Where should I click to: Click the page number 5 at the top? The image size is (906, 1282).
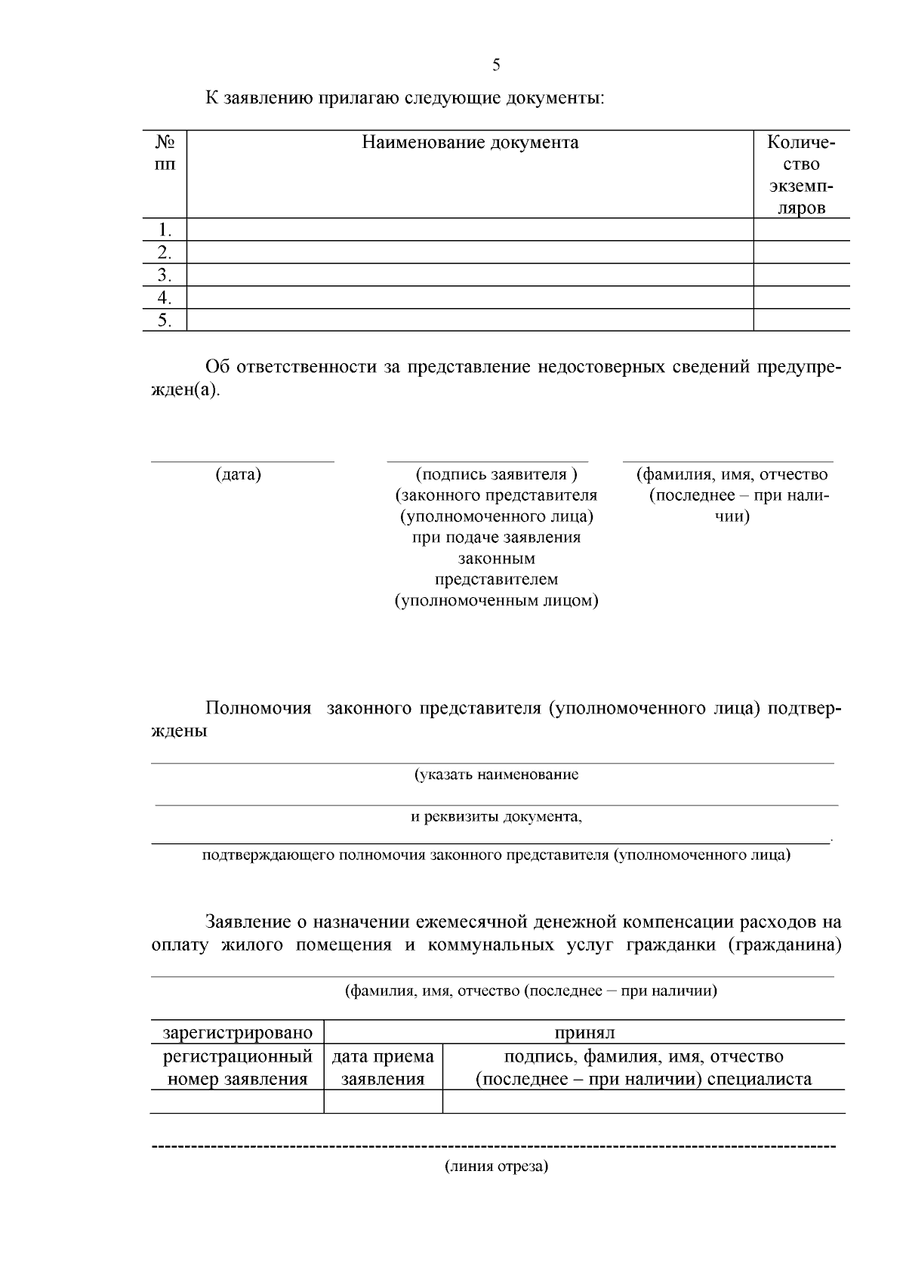[496, 65]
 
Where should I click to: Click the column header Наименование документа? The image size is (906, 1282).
[470, 143]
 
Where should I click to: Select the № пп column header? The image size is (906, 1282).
[165, 153]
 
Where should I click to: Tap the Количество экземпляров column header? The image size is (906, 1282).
[801, 174]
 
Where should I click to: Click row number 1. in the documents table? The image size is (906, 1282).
[165, 230]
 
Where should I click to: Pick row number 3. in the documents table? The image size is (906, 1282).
[165, 275]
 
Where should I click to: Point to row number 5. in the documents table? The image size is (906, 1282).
[165, 320]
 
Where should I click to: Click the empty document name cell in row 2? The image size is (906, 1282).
[470, 252]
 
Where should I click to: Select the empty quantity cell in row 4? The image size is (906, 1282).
[801, 297]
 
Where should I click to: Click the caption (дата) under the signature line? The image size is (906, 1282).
[239, 475]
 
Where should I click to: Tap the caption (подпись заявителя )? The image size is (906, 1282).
[496, 475]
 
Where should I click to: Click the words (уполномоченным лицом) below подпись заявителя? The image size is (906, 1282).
[497, 602]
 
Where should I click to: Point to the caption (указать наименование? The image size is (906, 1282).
[496, 775]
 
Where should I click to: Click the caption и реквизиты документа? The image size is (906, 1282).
[496, 817]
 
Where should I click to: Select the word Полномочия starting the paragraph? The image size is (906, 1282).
[258, 709]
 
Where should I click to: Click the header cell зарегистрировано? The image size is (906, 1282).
[237, 1032]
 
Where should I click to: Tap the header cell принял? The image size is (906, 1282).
[584, 1032]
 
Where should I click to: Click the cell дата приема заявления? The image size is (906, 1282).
[383, 1067]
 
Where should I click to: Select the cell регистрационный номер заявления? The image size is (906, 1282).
[237, 1067]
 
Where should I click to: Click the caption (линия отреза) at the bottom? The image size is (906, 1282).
[496, 1166]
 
